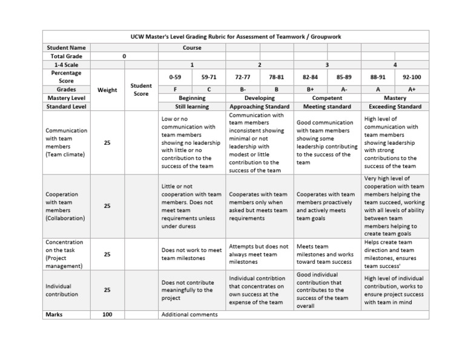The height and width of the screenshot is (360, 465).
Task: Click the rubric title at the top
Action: (236, 37)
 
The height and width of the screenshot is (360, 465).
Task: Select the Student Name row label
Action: (66, 47)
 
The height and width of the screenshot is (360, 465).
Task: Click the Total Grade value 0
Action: (124, 56)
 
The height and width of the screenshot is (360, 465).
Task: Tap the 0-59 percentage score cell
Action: (174, 78)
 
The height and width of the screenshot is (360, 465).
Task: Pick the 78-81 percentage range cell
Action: (276, 78)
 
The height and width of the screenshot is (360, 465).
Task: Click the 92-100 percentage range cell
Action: (412, 78)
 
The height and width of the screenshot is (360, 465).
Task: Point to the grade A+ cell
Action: (412, 89)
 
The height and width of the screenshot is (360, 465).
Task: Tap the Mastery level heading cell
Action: (395, 98)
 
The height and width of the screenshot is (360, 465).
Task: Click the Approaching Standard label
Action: (259, 107)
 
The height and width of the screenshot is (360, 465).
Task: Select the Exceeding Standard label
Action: (395, 107)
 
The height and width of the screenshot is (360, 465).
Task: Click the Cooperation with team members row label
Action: (66, 206)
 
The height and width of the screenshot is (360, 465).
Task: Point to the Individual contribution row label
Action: (66, 290)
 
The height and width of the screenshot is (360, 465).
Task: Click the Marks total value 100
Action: (107, 315)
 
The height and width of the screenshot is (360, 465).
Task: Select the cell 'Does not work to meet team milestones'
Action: (191, 254)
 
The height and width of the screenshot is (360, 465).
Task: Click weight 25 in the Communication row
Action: (107, 142)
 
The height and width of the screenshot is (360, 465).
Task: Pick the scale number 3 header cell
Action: (327, 64)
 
